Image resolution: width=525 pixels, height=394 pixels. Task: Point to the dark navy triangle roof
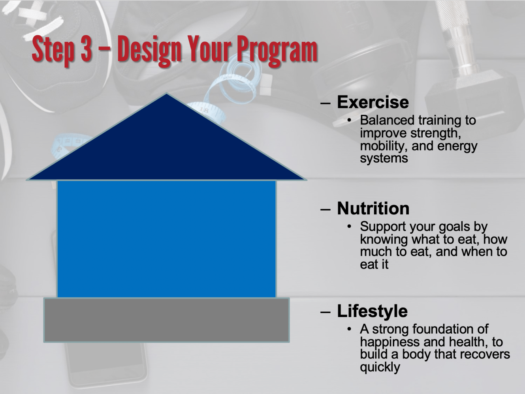[166, 148]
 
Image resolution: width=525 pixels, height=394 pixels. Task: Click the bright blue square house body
[166, 239]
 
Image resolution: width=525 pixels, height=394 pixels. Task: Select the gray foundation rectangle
[166, 320]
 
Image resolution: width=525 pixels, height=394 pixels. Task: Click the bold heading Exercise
[373, 102]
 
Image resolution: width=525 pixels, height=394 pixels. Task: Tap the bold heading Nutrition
[373, 208]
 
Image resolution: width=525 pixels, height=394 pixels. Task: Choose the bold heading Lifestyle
[372, 311]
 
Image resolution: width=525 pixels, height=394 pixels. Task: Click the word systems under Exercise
[384, 159]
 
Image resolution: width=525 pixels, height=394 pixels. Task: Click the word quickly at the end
[380, 368]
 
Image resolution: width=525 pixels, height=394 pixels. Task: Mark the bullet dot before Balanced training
[350, 120]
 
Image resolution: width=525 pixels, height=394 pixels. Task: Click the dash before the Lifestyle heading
[326, 312]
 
